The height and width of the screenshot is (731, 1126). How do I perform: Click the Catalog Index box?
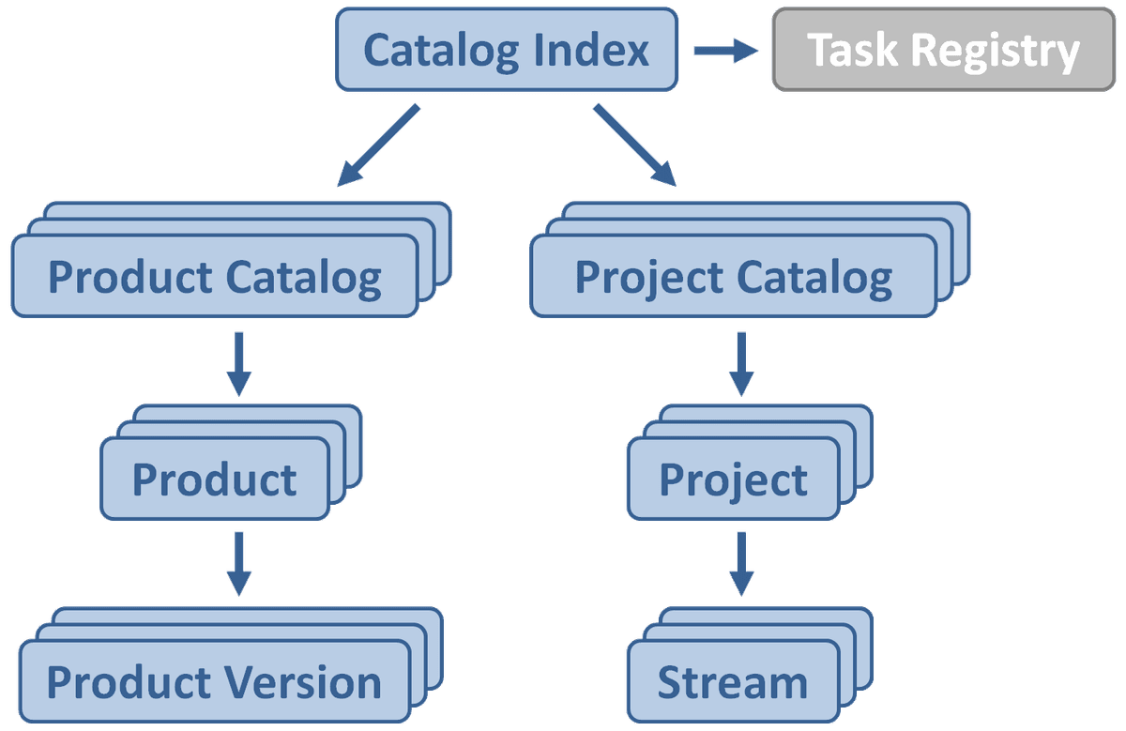coord(507,50)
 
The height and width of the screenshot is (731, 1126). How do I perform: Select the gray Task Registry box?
coord(944,50)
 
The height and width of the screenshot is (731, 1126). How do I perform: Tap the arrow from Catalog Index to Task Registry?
coord(726,51)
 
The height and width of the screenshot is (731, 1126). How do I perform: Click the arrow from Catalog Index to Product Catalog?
coord(378,145)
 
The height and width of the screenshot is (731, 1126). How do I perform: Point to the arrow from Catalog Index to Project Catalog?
coord(635,145)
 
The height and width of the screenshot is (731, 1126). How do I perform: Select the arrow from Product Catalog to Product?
coord(238,364)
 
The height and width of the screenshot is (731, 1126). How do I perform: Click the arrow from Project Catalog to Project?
coord(741,364)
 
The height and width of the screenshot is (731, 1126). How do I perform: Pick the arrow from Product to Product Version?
coord(238,564)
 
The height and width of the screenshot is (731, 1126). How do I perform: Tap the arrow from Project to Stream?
coord(741,564)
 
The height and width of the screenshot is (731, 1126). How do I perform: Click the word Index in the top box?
coord(591,50)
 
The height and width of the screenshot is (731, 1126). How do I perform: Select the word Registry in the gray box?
coord(996,52)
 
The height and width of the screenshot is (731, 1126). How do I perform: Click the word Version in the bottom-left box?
coord(303,682)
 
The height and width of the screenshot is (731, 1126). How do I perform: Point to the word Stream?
coord(733,682)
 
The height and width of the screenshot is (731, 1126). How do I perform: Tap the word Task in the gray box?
coord(852,50)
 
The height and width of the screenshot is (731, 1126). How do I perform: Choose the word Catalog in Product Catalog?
coord(304,279)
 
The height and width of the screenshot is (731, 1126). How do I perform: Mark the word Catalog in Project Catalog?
coord(814,279)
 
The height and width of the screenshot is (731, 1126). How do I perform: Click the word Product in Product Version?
coord(129,682)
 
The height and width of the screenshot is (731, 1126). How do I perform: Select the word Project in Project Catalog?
coord(650,279)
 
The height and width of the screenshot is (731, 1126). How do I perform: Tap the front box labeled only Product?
coord(215,479)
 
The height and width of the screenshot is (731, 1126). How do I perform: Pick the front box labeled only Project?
coord(734,479)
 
